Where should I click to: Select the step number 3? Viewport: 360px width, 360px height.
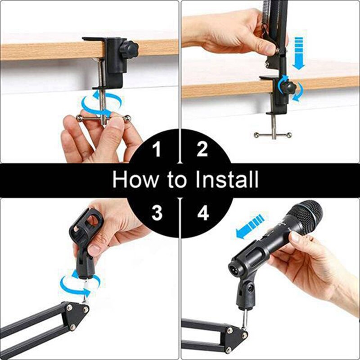(x=156, y=213)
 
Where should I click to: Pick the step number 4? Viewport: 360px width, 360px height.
(x=203, y=213)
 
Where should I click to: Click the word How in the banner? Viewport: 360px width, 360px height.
(x=134, y=180)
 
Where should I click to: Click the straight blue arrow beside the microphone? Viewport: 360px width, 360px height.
(x=250, y=226)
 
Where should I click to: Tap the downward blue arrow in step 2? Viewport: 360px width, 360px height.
(x=298, y=53)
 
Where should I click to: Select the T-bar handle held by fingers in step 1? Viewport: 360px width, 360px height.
(x=103, y=119)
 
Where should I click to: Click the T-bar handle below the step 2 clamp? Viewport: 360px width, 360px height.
(x=272, y=134)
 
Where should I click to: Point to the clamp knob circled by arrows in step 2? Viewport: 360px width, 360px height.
(x=288, y=86)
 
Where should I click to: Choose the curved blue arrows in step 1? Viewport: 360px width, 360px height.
(x=101, y=102)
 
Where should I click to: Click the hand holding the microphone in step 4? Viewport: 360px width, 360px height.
(x=310, y=265)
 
